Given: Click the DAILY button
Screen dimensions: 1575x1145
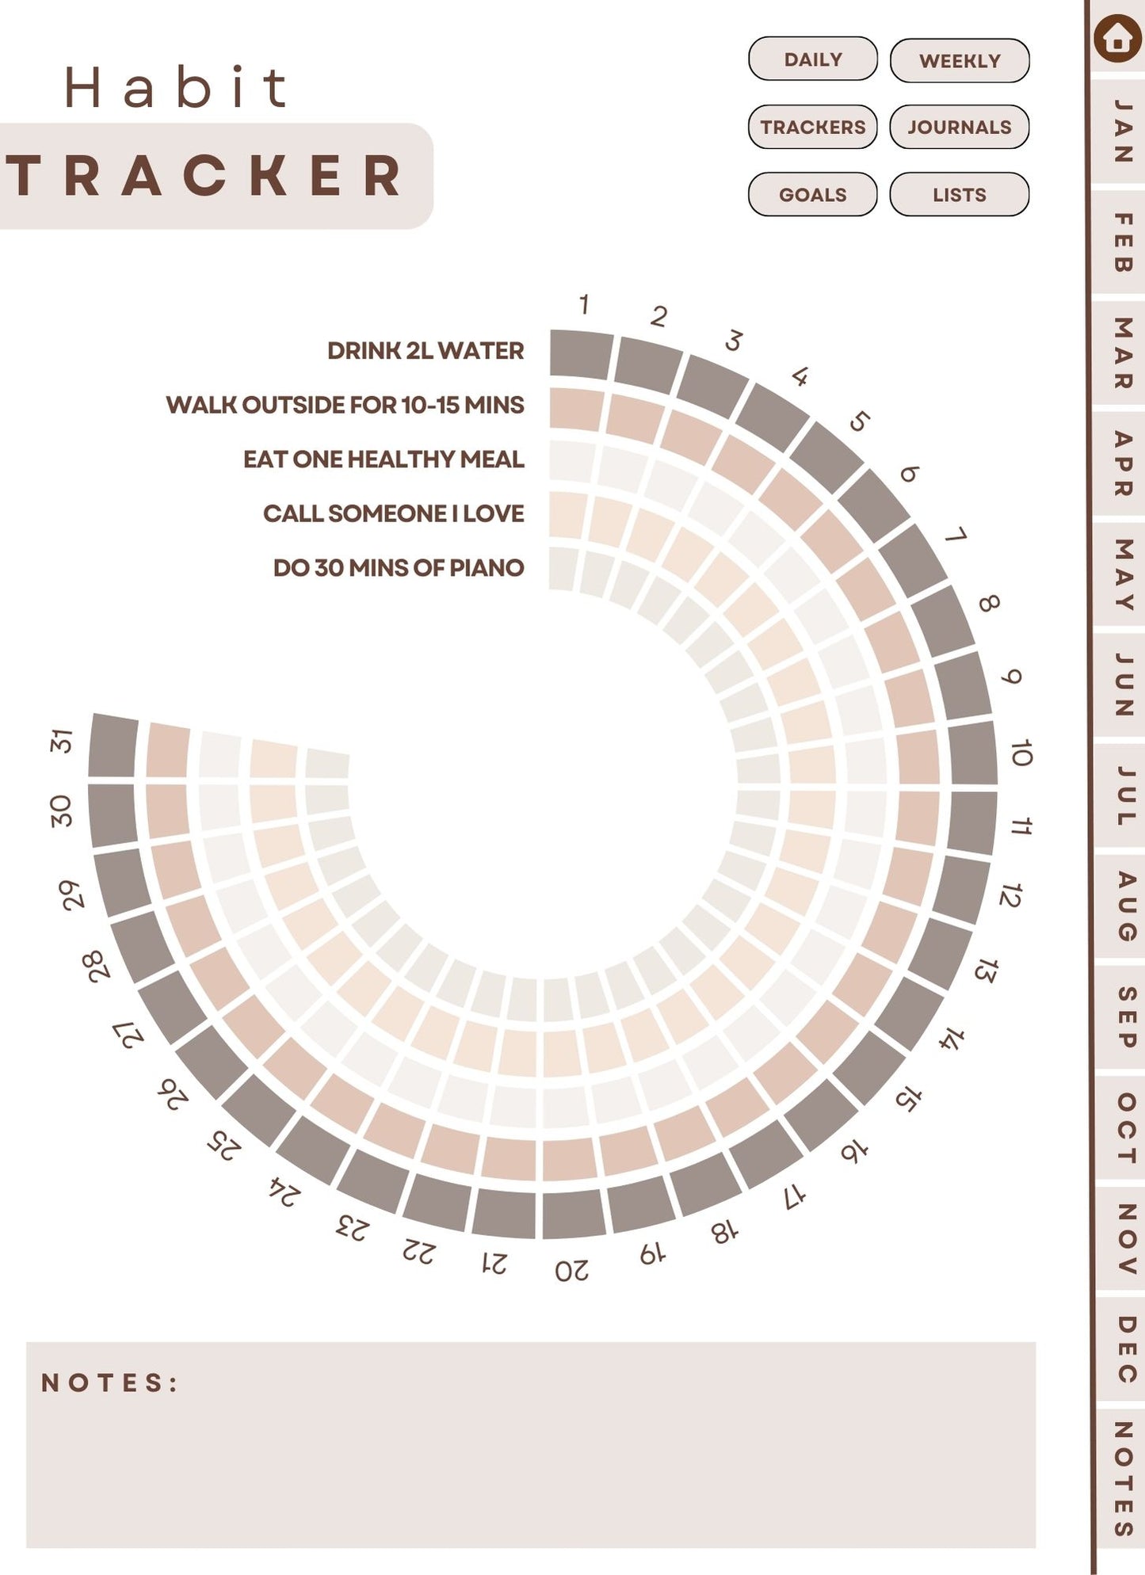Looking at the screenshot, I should click(x=812, y=59).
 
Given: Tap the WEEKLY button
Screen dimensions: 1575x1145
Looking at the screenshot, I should click(x=959, y=61).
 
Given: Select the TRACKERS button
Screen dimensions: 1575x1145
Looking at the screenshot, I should click(x=812, y=127).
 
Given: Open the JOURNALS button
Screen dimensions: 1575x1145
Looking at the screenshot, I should click(x=959, y=127).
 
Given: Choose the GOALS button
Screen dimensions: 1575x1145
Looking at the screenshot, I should click(x=812, y=194).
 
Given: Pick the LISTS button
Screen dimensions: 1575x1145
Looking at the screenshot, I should click(x=959, y=194).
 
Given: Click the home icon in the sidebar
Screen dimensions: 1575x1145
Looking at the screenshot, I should click(x=1116, y=38).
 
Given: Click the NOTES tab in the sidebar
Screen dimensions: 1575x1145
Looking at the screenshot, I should click(x=1124, y=1478).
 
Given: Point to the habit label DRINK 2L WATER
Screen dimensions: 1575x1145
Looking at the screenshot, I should click(x=426, y=351).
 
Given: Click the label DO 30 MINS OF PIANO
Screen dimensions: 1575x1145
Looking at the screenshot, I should click(x=399, y=568).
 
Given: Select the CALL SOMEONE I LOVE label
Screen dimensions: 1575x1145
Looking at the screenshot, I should click(x=393, y=513).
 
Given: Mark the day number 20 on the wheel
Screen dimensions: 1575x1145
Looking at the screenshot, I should click(x=571, y=1271).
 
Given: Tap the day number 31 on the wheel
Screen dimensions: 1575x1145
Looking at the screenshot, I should click(x=62, y=741).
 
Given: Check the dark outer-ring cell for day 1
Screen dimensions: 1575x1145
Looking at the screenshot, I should click(x=581, y=354).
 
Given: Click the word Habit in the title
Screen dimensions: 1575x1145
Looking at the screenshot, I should click(x=176, y=87).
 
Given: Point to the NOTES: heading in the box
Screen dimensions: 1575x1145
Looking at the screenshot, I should click(x=109, y=1383).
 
